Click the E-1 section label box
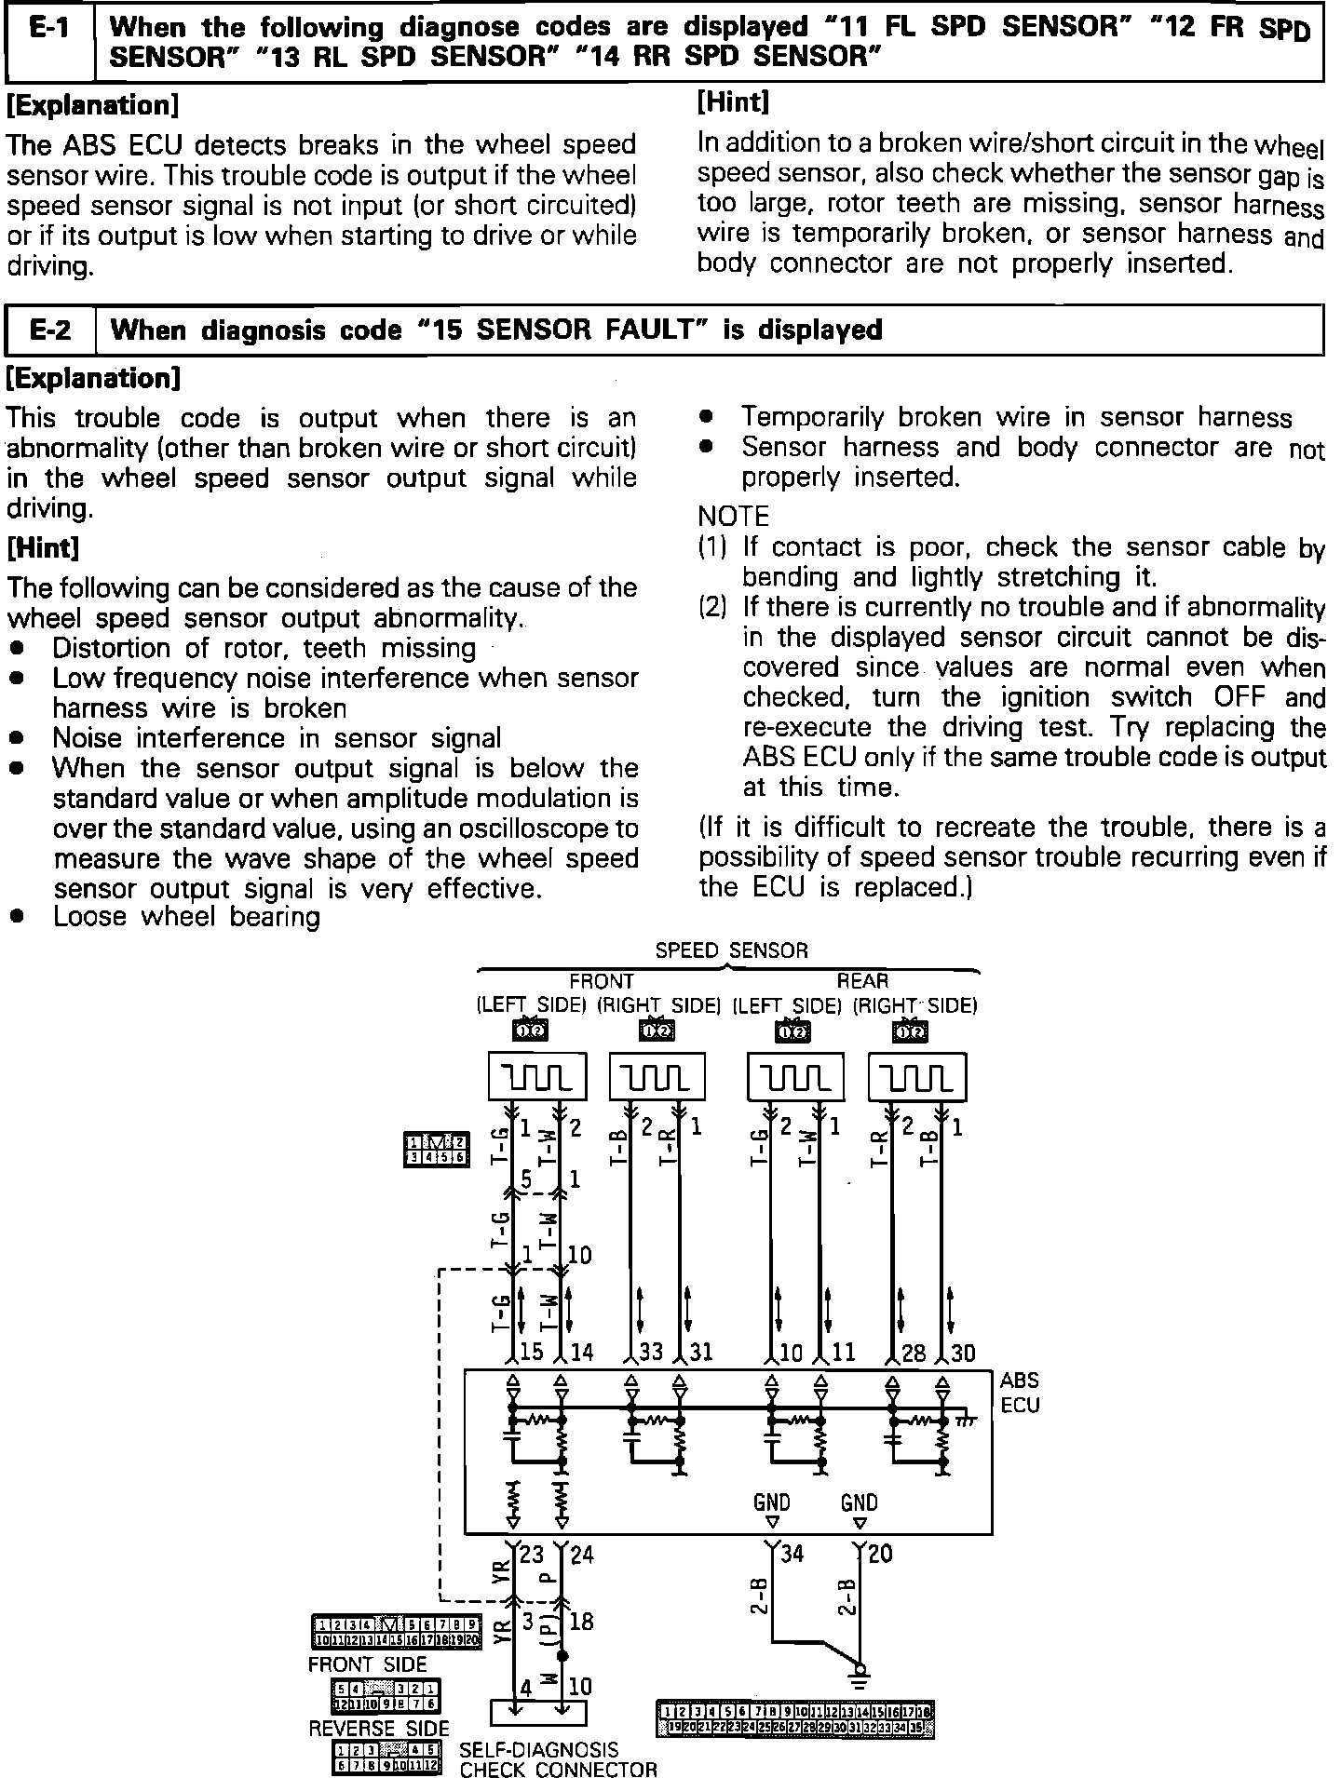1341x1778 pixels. click(x=50, y=42)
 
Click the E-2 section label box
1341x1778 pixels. click(x=50, y=330)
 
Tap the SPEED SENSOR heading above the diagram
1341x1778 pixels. click(x=731, y=950)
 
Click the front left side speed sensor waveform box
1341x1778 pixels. click(x=537, y=1077)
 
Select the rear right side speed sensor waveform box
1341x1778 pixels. click(x=917, y=1077)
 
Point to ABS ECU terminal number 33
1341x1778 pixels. click(x=651, y=1351)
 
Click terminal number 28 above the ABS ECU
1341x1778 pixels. click(x=914, y=1351)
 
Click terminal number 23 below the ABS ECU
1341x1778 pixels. click(x=530, y=1554)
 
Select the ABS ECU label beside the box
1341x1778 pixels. click(x=1020, y=1394)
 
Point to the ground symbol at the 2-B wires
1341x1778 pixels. click(x=860, y=1672)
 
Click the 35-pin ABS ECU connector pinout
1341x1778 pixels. click(x=795, y=1721)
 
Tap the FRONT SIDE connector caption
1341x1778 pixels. click(x=367, y=1664)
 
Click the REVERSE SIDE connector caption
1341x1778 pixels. click(x=378, y=1729)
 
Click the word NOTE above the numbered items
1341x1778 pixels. click(x=734, y=517)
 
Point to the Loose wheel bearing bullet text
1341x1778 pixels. click(x=186, y=917)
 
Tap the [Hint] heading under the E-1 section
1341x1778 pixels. click(x=733, y=101)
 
